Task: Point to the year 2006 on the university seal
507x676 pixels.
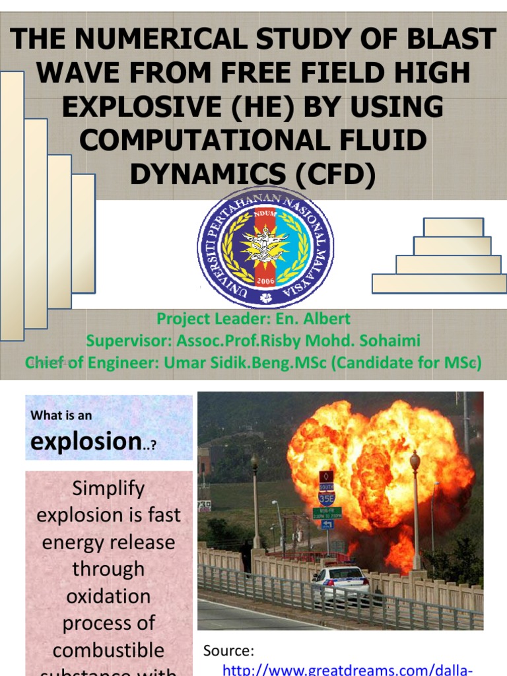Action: click(265, 279)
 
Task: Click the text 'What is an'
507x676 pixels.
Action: click(61, 416)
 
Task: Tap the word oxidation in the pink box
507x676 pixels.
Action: click(108, 595)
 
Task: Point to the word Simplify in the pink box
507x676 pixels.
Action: click(108, 489)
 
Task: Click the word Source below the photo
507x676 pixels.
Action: click(228, 651)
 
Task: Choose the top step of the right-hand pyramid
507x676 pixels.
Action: click(453, 227)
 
